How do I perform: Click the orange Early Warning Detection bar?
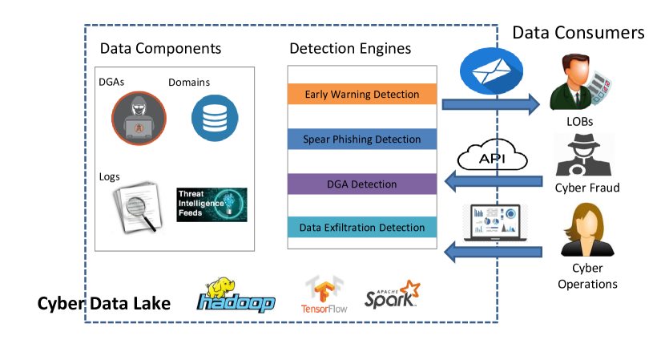(x=361, y=95)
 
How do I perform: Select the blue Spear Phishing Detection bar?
(x=361, y=140)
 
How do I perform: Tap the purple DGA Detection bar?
(x=361, y=184)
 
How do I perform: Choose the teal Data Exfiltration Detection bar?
(x=361, y=228)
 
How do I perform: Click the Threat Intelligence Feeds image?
(x=212, y=204)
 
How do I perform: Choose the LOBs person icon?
(x=580, y=84)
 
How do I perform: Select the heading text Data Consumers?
(x=578, y=32)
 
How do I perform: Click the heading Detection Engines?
(x=350, y=49)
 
